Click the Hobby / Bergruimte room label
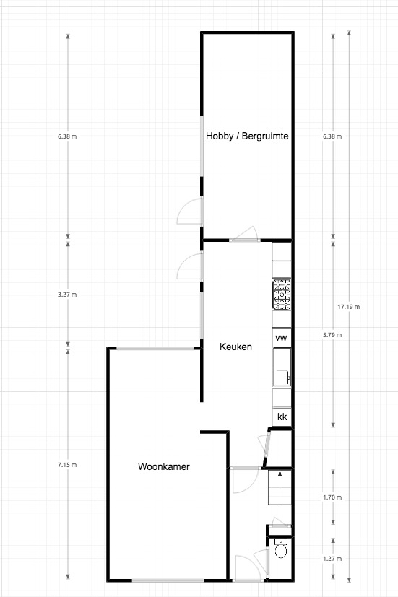pos(247,136)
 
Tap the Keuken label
pos(235,347)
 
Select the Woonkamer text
pos(164,466)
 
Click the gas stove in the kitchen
pos(282,294)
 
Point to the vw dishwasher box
pos(282,337)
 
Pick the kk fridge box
pos(282,417)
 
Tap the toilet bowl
pos(281,549)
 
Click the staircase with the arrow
pos(280,487)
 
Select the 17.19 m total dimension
pos(348,307)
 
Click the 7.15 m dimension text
pos(67,465)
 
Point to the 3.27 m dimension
pos(67,295)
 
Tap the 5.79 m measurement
pos(332,335)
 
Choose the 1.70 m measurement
pos(332,497)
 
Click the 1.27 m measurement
pos(332,559)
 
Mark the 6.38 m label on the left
pos(67,136)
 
